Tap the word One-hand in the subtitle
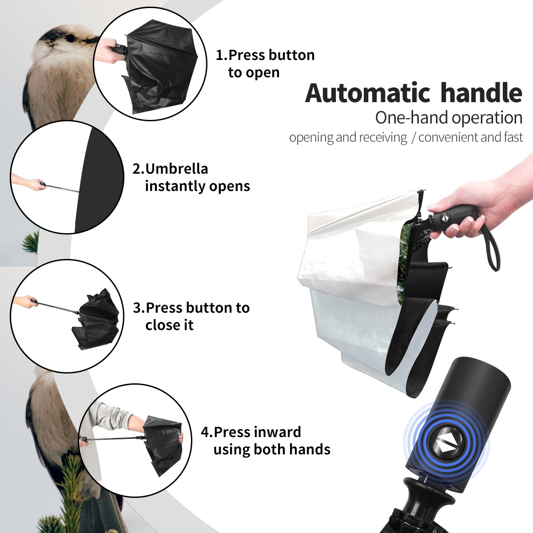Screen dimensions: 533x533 pos(412,118)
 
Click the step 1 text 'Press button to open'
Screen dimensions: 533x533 pos(265,64)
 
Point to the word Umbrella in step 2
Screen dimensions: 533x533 pos(177,169)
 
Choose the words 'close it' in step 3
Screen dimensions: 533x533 pos(169,325)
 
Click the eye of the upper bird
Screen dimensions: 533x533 pos(70,38)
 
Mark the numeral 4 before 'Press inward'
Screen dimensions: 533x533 pos(204,432)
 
